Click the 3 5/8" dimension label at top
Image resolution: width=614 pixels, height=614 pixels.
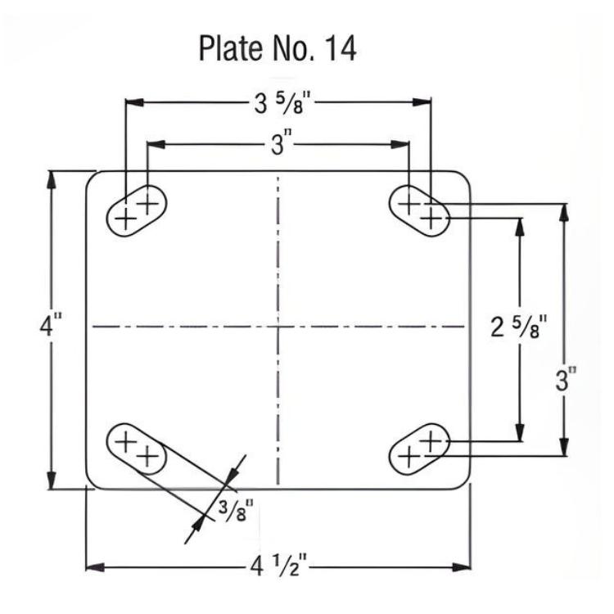278,103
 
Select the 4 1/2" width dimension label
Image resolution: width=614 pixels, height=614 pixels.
278,566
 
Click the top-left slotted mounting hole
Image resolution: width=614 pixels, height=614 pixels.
136,210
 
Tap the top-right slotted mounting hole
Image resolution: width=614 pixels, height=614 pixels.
419,210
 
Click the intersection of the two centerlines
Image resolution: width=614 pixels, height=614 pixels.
278,327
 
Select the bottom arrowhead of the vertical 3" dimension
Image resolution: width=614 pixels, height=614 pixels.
563,448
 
